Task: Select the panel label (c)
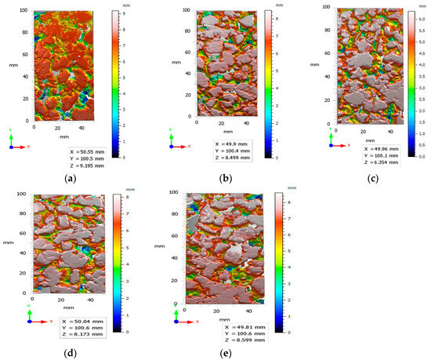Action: pyautogui.click(x=360, y=179)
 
